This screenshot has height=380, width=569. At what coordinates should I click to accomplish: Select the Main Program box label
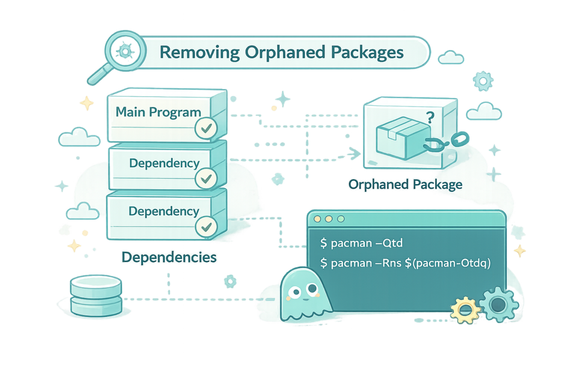point(158,112)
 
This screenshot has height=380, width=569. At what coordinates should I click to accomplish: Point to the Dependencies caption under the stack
point(169,258)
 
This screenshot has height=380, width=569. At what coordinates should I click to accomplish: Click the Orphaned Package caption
point(405,184)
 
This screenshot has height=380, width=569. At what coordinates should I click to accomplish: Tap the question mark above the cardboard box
point(429,118)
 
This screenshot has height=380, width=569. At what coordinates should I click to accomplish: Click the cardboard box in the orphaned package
point(396,136)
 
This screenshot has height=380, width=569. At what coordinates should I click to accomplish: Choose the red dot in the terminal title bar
point(318,220)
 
